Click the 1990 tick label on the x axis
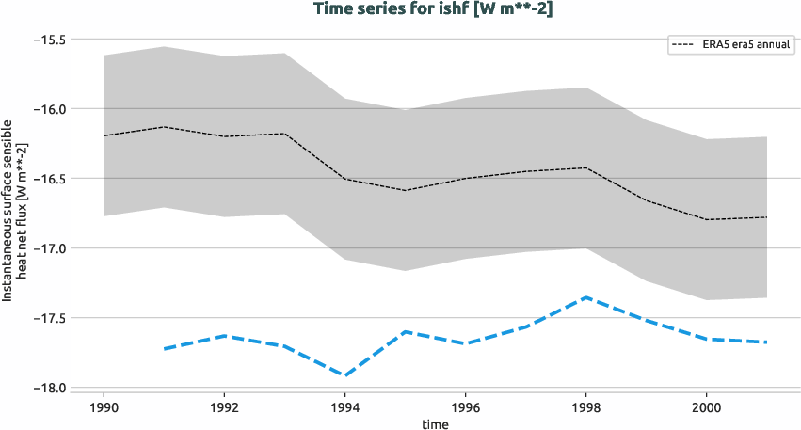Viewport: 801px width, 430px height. coord(104,408)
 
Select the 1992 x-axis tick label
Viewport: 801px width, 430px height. coord(224,408)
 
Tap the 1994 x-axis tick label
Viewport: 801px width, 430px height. coord(344,408)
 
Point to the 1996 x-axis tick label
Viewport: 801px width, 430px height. coord(465,408)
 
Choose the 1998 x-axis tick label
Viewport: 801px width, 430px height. coord(585,408)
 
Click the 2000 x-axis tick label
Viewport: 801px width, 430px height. coord(706,408)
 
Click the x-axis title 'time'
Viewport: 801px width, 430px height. coord(435,423)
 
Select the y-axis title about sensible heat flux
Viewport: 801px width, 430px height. coord(13,210)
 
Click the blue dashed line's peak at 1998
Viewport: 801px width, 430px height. coord(585,297)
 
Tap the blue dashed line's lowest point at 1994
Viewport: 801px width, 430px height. coord(344,374)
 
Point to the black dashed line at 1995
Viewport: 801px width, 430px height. coord(405,190)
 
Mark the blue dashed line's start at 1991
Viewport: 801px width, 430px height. coord(164,348)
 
